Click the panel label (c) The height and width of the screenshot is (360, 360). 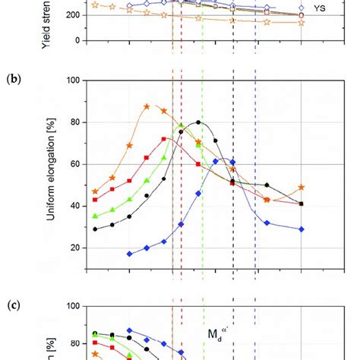tap(13, 306)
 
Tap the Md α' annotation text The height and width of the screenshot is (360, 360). tap(221, 333)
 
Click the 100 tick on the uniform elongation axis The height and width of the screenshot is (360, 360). tap(74, 80)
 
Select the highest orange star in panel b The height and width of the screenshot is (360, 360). tap(147, 106)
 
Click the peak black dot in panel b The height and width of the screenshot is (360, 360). tap(199, 122)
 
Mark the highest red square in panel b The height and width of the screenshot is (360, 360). tap(164, 139)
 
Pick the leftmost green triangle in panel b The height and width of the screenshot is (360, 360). tap(95, 216)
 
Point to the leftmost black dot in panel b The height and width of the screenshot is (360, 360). tap(95, 229)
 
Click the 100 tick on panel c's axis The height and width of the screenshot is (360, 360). tap(74, 307)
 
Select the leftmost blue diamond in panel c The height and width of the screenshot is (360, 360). tap(129, 330)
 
